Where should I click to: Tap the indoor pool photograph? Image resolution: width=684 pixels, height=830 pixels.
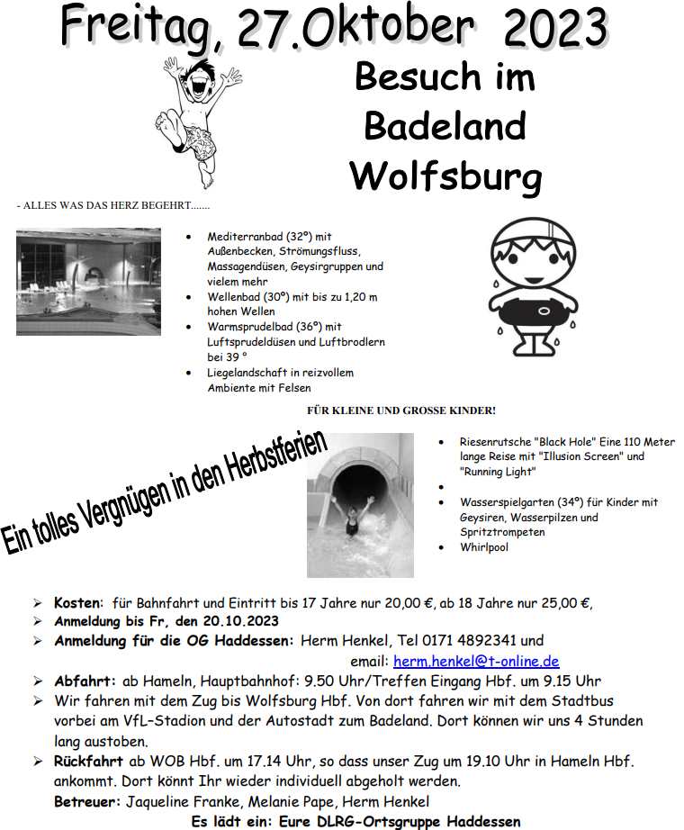pyautogui.click(x=88, y=281)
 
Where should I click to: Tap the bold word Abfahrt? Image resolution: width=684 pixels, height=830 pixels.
pyautogui.click(x=83, y=681)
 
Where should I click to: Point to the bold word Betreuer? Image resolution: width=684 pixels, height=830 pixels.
pyautogui.click(x=87, y=801)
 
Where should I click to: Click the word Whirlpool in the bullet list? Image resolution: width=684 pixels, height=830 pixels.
pyautogui.click(x=485, y=547)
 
